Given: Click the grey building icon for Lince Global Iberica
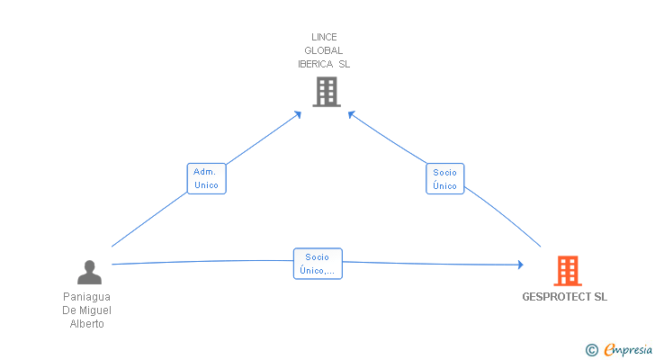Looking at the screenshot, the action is (x=327, y=92).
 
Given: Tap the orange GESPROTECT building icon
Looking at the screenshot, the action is (x=568, y=271).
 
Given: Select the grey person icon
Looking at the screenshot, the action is (x=89, y=273).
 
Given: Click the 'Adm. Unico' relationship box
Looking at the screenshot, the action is (x=206, y=179).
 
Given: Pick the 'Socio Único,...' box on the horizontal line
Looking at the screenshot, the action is (x=318, y=264).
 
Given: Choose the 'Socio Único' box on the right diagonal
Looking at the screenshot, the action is (x=444, y=179).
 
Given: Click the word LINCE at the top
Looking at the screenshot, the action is (x=324, y=37).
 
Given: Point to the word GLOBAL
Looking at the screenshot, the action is (x=324, y=50).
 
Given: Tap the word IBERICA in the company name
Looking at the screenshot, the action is (x=316, y=64).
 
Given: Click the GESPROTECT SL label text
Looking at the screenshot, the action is (x=564, y=297).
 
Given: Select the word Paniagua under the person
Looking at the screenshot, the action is (x=87, y=297).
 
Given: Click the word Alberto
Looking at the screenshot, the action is (x=87, y=324).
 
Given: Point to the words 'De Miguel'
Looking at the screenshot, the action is (x=87, y=310).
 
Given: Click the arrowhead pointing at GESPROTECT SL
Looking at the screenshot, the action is (x=520, y=265).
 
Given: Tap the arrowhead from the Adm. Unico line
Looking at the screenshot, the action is (x=298, y=114).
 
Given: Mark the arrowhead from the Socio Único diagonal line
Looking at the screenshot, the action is (x=351, y=114).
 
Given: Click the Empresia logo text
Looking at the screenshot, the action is (x=628, y=350).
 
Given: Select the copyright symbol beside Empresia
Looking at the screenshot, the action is (x=591, y=350).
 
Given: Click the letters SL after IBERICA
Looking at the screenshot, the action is (x=345, y=64).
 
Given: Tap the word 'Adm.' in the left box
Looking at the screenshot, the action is (x=205, y=172).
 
